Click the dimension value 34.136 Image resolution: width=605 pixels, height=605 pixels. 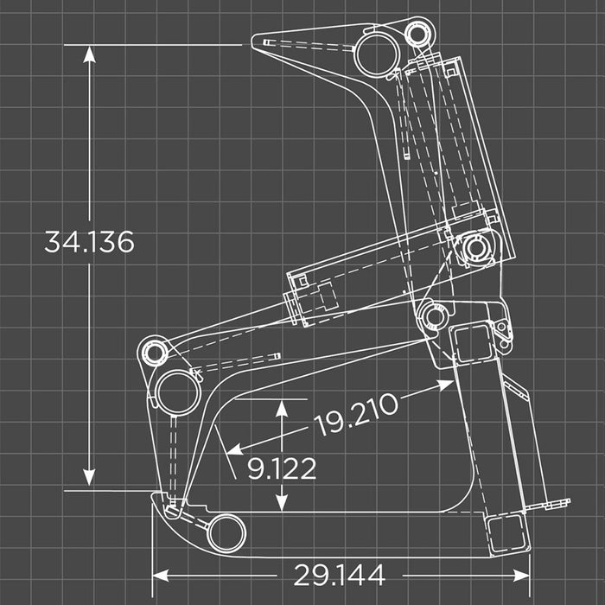(89, 243)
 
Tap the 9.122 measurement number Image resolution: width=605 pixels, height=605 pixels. (282, 468)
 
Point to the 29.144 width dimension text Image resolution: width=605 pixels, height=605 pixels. (339, 574)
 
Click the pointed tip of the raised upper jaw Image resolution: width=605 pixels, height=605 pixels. (256, 41)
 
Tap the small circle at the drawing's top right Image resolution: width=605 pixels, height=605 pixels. (417, 34)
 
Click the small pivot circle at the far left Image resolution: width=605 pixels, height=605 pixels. (155, 353)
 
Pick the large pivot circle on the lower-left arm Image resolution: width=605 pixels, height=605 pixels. (178, 391)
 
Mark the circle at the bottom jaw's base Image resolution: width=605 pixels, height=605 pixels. (226, 531)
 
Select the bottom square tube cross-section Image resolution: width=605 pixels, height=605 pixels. (506, 534)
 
